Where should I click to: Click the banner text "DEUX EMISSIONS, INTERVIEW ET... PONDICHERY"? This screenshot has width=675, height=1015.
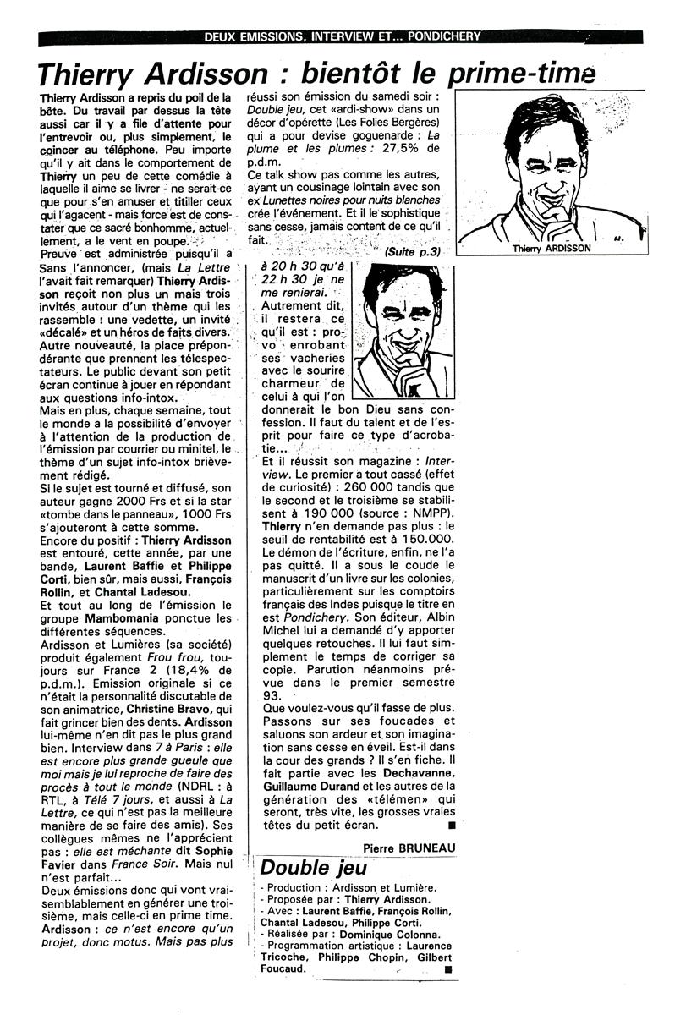coord(343,36)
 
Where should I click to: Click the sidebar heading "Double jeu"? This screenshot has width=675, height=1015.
coord(314,868)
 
